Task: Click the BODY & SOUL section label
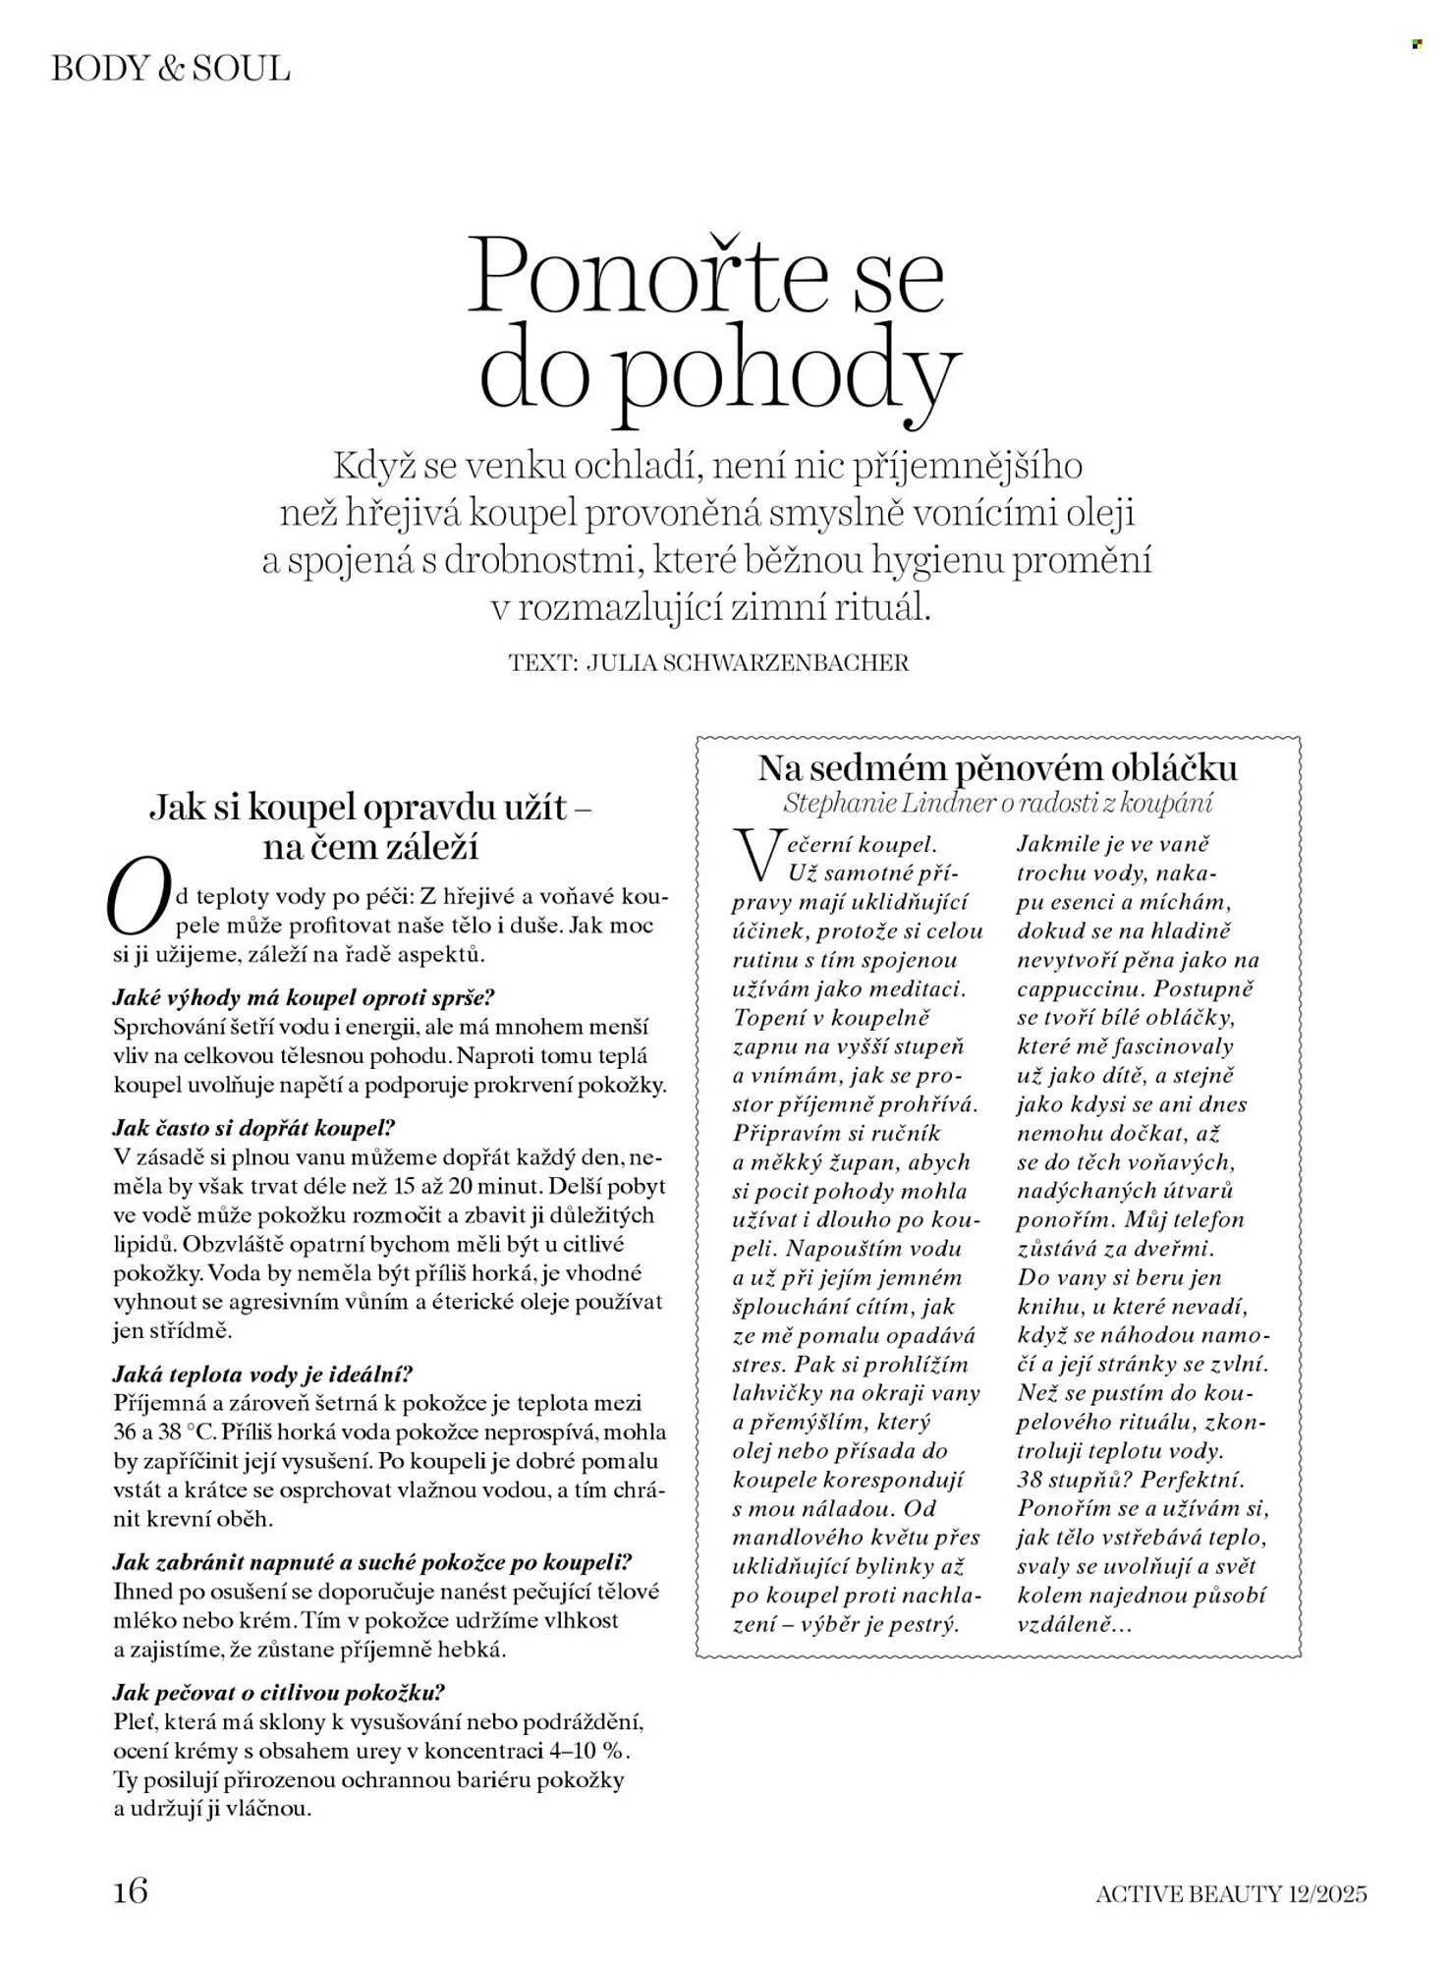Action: click(x=170, y=69)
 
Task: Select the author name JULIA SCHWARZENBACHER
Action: click(x=747, y=663)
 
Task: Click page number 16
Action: click(x=131, y=1889)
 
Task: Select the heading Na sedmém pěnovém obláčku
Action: click(x=997, y=767)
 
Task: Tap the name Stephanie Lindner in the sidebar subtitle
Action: click(x=887, y=803)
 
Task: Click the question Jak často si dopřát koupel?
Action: click(x=253, y=1128)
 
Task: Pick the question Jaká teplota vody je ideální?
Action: click(x=262, y=1374)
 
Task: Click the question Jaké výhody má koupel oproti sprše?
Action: click(x=304, y=997)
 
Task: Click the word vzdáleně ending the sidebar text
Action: click(x=1075, y=1624)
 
